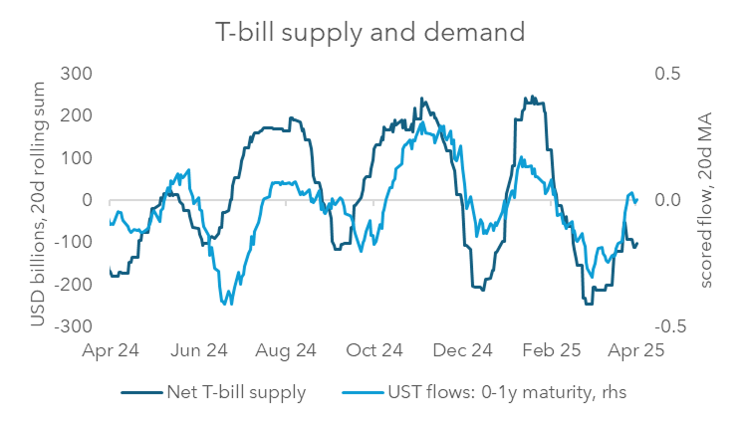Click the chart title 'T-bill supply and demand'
[x=371, y=32]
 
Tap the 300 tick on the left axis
[x=77, y=74]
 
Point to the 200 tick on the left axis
[x=77, y=115]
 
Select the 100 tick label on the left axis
[x=77, y=157]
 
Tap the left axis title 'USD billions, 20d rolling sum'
[x=37, y=199]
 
